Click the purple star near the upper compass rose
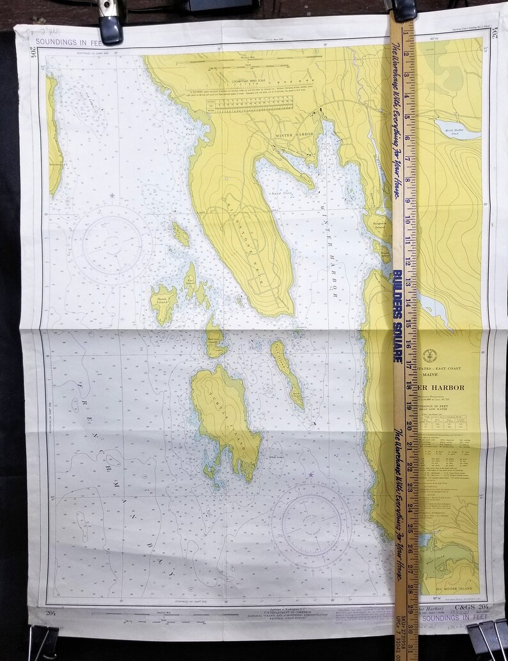tap(113, 195)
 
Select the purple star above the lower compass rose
tap(311, 475)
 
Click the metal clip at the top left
tap(109, 22)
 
